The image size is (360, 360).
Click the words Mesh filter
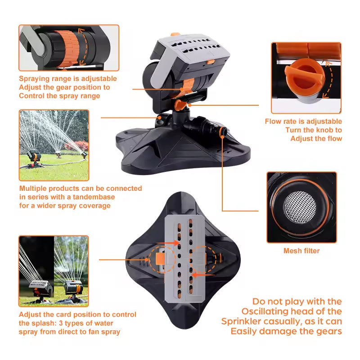tap(301, 251)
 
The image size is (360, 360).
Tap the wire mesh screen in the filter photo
tap(300, 207)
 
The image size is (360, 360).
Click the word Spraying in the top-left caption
tap(34, 79)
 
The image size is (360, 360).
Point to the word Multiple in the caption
tap(33, 189)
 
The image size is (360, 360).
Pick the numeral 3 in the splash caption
tap(61, 323)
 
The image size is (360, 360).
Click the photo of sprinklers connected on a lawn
tap(54, 145)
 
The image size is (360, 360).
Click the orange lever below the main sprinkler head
tap(180, 105)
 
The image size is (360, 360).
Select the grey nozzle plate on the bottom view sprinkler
tap(184, 258)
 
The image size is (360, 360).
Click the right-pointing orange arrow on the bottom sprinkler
tap(168, 243)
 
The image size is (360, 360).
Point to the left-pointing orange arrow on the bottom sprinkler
tap(203, 274)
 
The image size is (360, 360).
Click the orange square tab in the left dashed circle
tap(160, 259)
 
